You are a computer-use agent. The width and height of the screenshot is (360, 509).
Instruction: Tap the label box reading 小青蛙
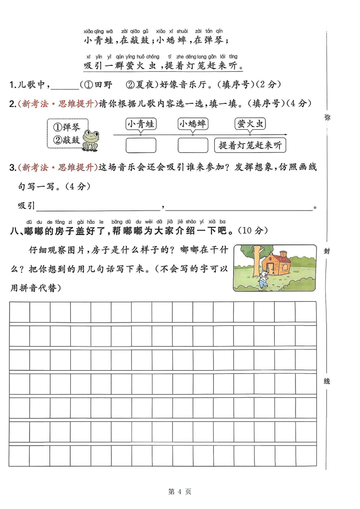tap(141, 124)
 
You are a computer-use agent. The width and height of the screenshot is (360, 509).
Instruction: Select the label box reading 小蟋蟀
tap(192, 124)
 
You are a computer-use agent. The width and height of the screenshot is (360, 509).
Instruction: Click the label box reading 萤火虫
tap(250, 124)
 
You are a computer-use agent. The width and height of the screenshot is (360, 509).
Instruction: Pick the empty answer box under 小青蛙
tap(141, 145)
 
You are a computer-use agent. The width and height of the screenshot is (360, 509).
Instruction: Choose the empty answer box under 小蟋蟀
tap(192, 145)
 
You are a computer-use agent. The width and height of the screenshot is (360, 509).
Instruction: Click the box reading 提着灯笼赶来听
tap(250, 145)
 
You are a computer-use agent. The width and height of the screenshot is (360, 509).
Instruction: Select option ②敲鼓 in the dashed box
tap(67, 140)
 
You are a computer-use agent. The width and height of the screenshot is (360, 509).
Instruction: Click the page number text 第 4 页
tap(180, 491)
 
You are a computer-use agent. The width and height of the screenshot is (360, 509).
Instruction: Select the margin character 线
tap(327, 381)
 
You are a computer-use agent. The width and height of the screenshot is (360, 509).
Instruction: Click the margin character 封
tap(327, 251)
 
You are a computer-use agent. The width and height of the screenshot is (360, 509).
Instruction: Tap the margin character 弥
tap(327, 117)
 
